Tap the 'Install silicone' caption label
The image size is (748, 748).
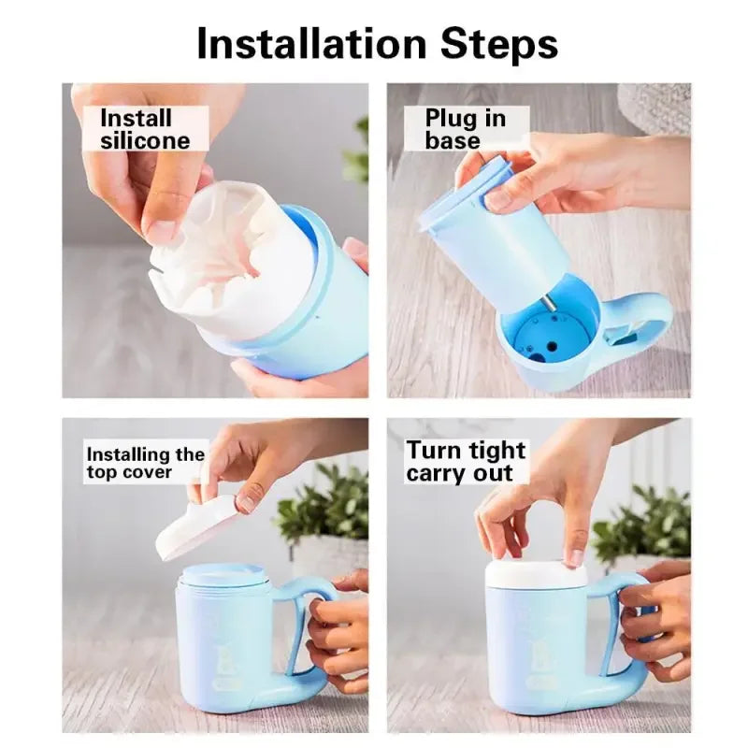144,129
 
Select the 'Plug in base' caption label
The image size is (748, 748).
465,129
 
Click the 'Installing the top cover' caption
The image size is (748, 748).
145,462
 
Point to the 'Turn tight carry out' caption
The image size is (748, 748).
466,461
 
